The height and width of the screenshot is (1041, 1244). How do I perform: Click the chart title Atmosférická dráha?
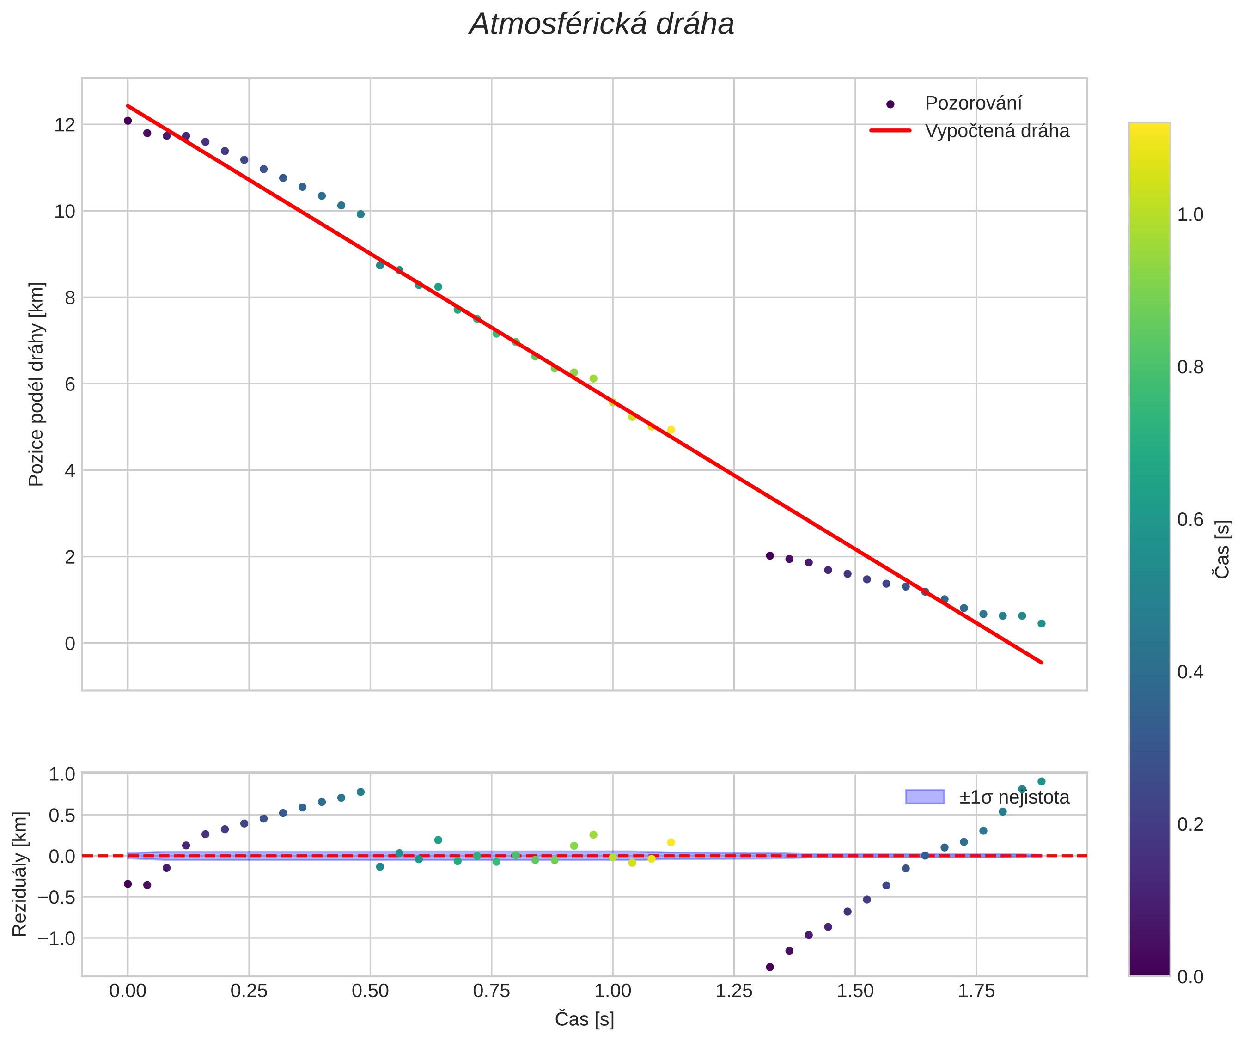coord(601,25)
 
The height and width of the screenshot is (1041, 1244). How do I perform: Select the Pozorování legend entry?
coord(973,103)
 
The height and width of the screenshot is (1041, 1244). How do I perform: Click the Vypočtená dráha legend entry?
coord(997,131)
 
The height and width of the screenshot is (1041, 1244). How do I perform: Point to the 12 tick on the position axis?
coord(65,125)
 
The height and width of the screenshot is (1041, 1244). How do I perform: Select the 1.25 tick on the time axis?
coord(734,991)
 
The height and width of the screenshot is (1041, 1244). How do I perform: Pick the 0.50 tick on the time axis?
coord(370,991)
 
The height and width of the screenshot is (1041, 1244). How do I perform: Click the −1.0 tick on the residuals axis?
coord(56,938)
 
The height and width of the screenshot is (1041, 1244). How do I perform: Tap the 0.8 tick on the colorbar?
coord(1190,368)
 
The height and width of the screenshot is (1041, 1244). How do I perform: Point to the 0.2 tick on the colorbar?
coord(1190,824)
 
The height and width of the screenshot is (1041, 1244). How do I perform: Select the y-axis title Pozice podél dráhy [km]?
coord(37,384)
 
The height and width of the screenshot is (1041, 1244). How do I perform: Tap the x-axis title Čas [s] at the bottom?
coord(584,1019)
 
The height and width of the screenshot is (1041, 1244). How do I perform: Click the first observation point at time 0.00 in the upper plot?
coord(128,121)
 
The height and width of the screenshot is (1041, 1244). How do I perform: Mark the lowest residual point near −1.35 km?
coord(770,967)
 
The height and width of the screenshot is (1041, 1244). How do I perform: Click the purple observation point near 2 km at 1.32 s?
coord(770,555)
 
